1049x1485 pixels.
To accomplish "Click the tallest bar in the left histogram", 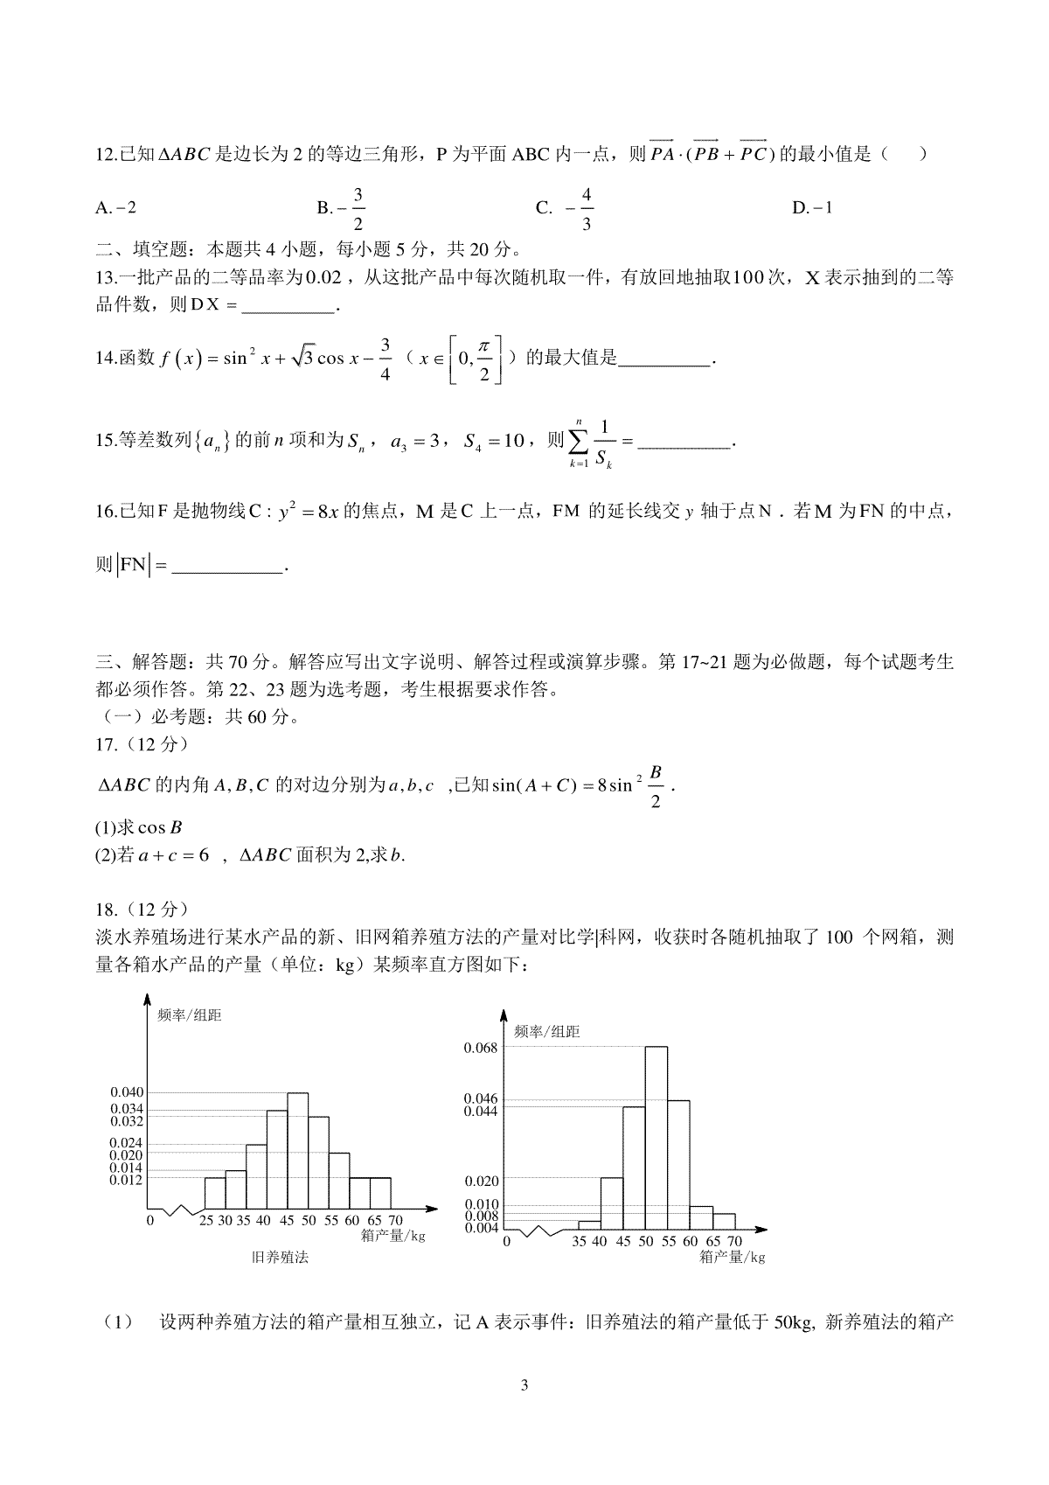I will click(x=297, y=1149).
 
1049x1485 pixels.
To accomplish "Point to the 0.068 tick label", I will click(x=480, y=1048).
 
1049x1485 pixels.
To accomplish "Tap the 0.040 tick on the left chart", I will click(x=127, y=1092).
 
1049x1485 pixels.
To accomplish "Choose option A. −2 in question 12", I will click(x=115, y=208).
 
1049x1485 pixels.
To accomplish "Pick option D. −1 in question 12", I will click(x=812, y=208).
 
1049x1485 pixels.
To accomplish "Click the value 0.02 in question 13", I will click(x=328, y=278).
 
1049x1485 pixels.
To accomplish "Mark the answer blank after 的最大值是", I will click(x=664, y=359).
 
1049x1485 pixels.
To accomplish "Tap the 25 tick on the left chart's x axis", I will click(x=207, y=1220).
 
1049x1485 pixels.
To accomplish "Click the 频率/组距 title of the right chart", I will click(x=547, y=1032).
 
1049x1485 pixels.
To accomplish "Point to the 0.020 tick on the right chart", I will click(x=480, y=1178).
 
